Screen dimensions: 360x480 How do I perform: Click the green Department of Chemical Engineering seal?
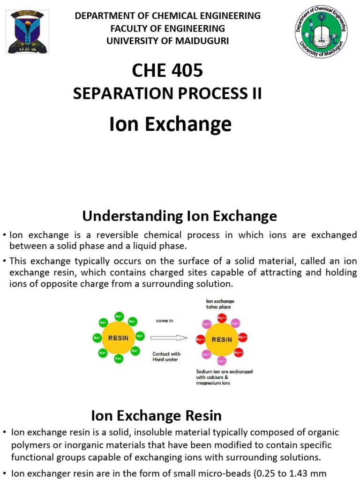[321, 32]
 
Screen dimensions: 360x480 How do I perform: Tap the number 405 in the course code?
[187, 70]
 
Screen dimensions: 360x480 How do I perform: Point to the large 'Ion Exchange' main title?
[170, 124]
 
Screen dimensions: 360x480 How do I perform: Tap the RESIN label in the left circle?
[119, 337]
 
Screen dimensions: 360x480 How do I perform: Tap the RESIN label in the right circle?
[222, 339]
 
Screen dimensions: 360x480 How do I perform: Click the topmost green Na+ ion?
[119, 316]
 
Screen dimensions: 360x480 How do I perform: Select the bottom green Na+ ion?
[119, 359]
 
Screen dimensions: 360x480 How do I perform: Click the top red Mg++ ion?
[222, 318]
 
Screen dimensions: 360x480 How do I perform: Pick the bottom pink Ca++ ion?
[222, 360]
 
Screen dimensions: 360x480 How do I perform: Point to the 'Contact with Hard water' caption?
[166, 357]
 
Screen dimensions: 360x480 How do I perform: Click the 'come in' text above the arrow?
[165, 321]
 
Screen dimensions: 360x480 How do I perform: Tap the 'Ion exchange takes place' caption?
[219, 304]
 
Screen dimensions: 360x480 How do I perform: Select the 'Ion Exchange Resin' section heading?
[156, 415]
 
